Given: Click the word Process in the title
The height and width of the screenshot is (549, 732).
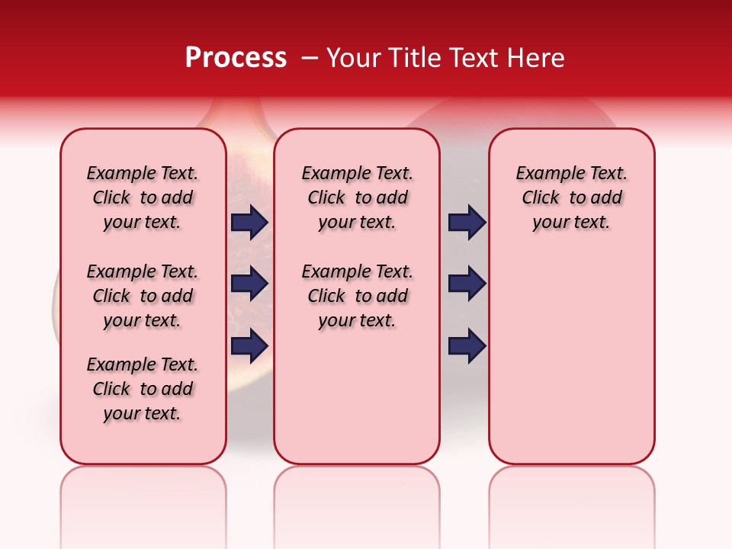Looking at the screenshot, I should point(236,58).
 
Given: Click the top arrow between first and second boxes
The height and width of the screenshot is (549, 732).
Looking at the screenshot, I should point(249,222).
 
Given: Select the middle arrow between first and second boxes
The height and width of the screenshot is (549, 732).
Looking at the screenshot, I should point(249,284).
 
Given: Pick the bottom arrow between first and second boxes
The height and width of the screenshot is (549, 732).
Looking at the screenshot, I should point(249,345).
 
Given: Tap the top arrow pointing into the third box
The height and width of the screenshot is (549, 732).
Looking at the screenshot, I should point(467,222).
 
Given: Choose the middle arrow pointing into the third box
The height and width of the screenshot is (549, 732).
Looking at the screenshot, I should point(467,284).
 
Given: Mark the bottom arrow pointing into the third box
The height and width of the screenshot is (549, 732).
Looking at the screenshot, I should point(467,345).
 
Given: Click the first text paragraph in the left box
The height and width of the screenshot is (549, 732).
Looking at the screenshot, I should point(143,197).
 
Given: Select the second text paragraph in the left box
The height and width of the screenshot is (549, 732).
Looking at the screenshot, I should point(143,296).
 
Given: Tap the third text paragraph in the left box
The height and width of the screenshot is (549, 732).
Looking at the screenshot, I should point(143,389).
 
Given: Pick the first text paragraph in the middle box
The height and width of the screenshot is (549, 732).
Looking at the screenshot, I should point(357,197).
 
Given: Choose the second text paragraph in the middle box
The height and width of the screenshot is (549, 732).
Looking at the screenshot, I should point(357,296).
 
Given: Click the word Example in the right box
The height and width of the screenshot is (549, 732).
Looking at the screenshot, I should point(544,174).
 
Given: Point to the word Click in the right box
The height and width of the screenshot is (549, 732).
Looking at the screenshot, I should point(541,198).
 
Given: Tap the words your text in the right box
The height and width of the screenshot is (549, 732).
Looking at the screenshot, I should point(571,223).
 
